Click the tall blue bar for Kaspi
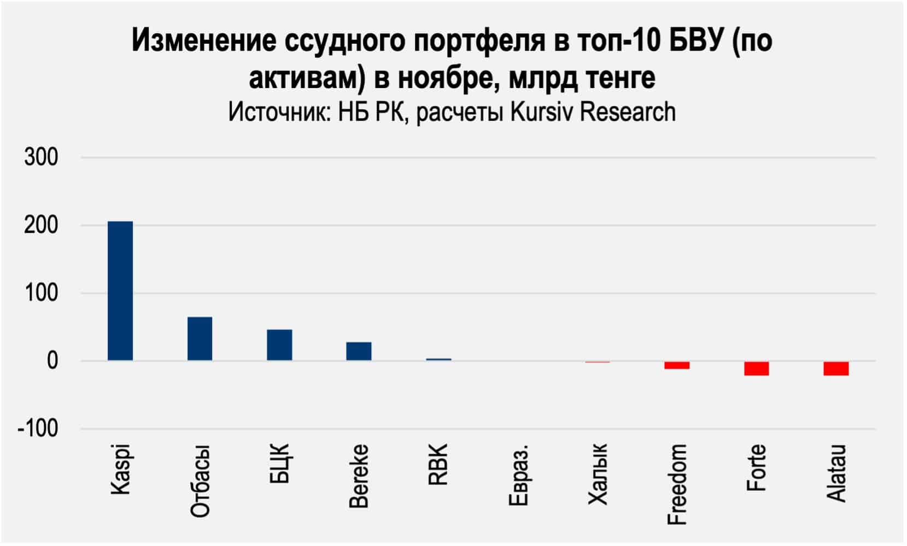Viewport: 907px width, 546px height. pos(120,291)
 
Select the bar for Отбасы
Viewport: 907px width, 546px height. pos(200,338)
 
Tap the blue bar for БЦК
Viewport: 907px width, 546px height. pos(279,345)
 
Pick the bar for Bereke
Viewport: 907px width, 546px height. pos(359,351)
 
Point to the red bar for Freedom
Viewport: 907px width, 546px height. pos(677,365)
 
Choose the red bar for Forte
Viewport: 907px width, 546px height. pos(756,368)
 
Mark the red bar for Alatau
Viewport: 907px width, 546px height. pos(836,368)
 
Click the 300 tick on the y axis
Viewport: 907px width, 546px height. pos(41,157)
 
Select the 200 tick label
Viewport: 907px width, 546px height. pos(41,225)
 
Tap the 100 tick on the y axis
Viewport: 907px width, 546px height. pos(41,293)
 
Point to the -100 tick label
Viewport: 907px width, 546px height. pos(38,428)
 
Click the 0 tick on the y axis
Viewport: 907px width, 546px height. pos(52,361)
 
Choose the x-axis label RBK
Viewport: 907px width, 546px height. pos(438,465)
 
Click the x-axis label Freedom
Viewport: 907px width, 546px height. pos(677,484)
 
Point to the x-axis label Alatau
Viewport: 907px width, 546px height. pos(836,473)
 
